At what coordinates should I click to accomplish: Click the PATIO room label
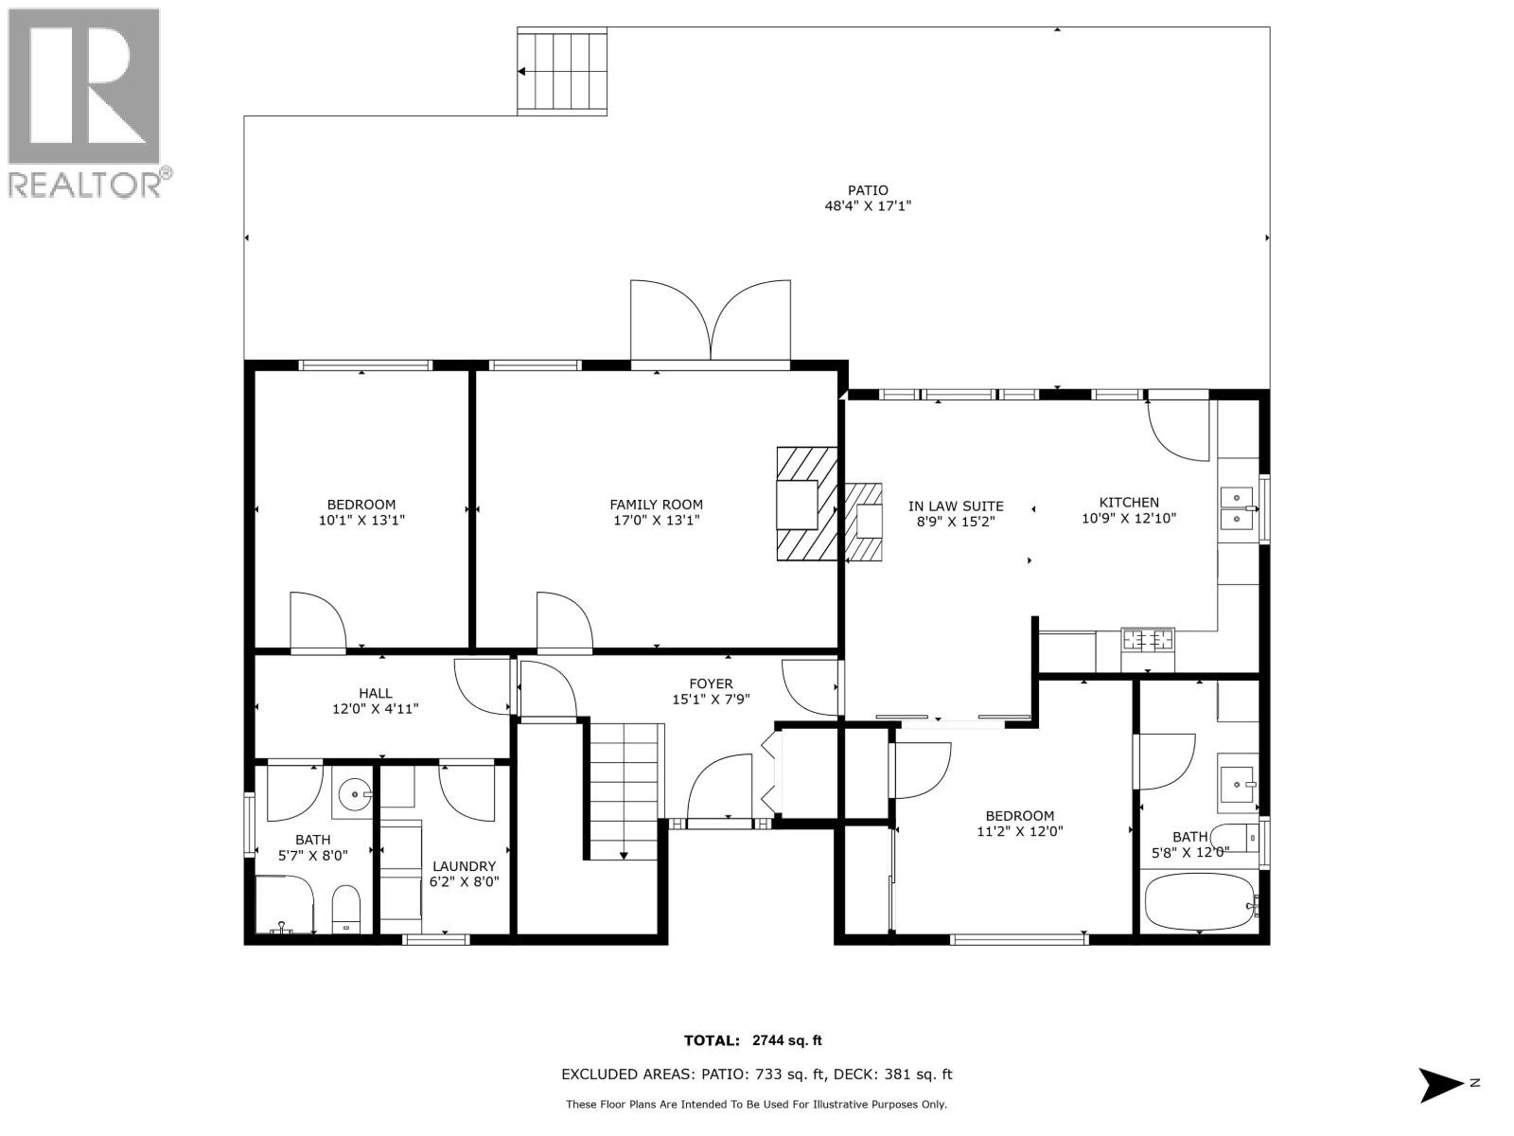pos(867,190)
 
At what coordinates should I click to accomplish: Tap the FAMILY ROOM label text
pos(656,505)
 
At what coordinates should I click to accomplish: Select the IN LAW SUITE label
pos(956,506)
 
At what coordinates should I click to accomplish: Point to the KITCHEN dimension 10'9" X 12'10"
pos(1128,519)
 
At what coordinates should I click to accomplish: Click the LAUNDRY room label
pos(464,865)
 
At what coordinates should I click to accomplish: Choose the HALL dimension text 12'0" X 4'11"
pos(375,708)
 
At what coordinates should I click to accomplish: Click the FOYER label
pos(710,683)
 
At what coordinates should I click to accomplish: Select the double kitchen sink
pos(1237,508)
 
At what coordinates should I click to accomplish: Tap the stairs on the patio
pos(561,72)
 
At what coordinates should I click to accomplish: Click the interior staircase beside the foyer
pos(624,790)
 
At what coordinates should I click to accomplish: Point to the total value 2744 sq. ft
pos(786,1040)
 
